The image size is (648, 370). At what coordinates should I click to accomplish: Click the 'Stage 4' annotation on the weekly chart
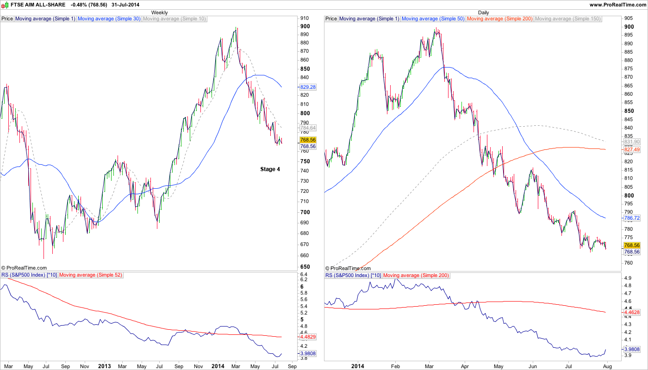[270, 169]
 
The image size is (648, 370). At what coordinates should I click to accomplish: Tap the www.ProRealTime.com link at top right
[617, 5]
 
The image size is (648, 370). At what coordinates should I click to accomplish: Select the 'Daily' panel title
[483, 12]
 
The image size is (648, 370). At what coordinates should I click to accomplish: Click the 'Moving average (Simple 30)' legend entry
[109, 19]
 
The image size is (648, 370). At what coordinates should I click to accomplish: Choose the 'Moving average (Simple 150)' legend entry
[567, 19]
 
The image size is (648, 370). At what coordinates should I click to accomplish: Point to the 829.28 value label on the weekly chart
[308, 87]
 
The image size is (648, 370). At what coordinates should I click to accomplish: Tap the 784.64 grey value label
[308, 128]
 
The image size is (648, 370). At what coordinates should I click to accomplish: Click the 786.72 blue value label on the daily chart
[632, 218]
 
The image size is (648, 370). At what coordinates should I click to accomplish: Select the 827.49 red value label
[632, 150]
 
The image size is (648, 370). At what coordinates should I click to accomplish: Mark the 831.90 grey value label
[632, 142]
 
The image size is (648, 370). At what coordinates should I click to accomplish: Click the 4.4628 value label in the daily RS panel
[632, 313]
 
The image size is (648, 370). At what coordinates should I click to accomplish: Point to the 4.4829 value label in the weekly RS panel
[308, 337]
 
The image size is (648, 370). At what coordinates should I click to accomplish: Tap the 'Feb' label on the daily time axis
[395, 366]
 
